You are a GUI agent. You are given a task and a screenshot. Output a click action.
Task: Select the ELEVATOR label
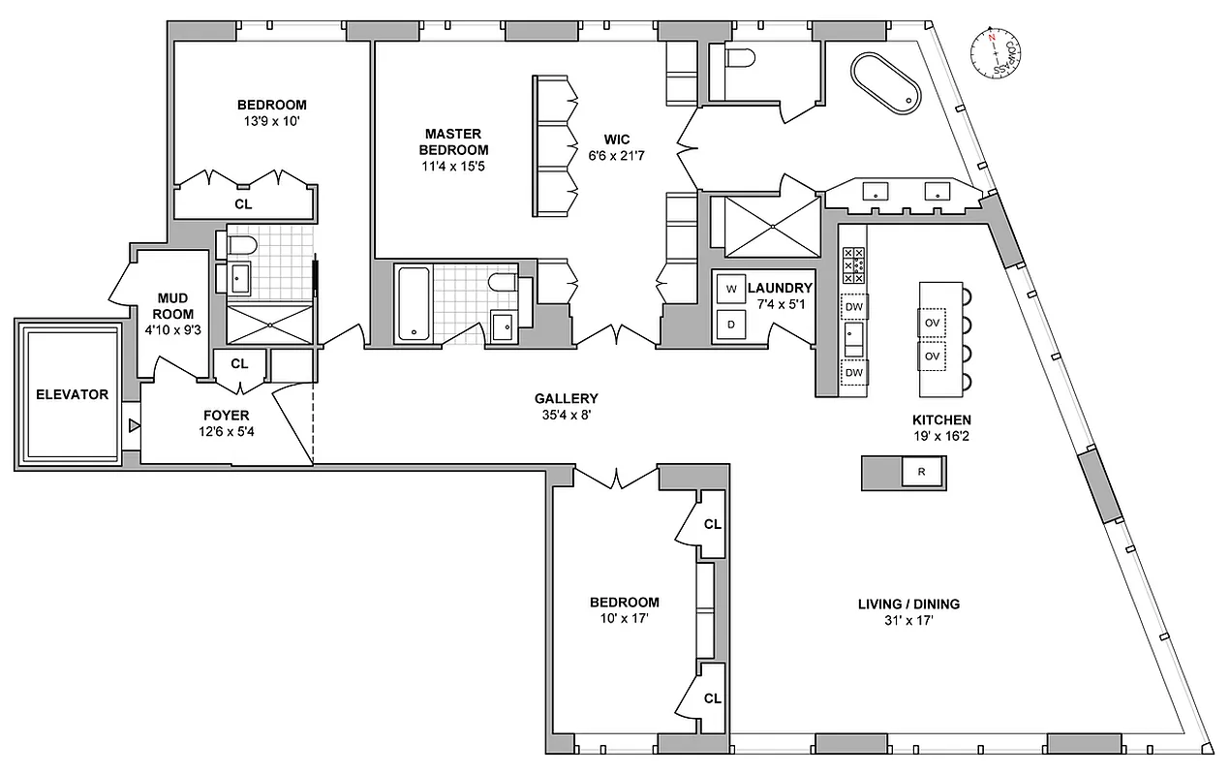tap(73, 394)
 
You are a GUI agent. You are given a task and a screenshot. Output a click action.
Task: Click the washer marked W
tap(731, 289)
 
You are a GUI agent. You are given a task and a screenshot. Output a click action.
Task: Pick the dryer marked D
tap(731, 325)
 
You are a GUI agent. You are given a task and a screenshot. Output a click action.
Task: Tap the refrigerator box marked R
tap(922, 473)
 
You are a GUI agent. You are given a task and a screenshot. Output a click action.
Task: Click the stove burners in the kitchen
tap(854, 264)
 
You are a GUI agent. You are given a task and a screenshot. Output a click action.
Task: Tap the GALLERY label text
tap(567, 398)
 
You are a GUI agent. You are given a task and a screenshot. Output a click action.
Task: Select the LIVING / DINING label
tap(908, 604)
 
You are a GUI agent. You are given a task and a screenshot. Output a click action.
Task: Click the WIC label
tap(618, 139)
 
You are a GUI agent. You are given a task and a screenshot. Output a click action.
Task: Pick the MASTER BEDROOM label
tap(454, 141)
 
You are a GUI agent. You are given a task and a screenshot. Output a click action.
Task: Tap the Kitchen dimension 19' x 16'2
tap(940, 437)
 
